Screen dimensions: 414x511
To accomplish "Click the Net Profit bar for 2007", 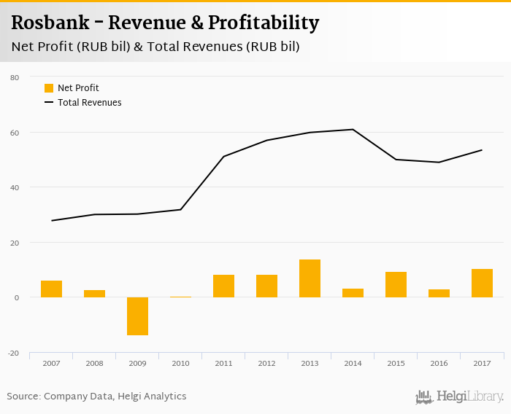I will (51, 289).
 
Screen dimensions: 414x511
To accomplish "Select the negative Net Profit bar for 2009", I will (137, 316).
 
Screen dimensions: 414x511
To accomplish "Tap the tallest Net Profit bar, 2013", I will (310, 278).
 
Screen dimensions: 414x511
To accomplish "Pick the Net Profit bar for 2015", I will (396, 284).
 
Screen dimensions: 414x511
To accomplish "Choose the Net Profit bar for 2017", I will (482, 283).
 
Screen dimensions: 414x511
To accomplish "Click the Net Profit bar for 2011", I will (223, 286).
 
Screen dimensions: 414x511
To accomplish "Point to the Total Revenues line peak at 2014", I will (353, 129).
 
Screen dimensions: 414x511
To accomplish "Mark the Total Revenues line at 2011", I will (223, 156).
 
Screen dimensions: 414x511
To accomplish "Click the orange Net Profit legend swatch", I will (49, 88).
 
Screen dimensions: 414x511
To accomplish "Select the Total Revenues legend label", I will (89, 103).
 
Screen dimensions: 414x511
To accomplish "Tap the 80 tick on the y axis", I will (15, 77).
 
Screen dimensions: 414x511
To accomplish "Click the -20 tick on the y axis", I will (14, 353).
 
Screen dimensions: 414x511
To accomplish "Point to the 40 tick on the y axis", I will (15, 187).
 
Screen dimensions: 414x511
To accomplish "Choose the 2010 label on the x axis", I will (180, 364).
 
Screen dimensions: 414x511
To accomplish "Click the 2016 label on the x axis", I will (439, 364).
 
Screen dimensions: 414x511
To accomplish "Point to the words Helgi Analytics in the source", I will (152, 397).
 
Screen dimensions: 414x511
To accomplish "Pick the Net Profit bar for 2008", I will (94, 294).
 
